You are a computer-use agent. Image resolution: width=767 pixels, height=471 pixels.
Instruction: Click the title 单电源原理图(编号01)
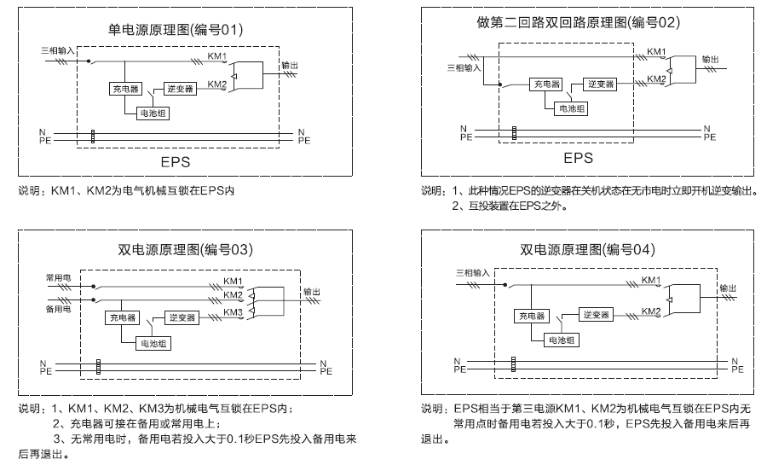point(176,30)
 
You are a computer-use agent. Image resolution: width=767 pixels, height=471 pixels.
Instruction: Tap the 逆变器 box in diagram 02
point(600,84)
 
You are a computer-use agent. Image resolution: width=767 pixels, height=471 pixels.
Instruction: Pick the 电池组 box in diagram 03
point(154,343)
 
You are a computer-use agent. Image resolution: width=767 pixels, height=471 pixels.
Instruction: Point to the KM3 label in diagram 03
point(234,312)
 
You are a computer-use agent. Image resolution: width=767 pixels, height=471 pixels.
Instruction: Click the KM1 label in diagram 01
point(217,57)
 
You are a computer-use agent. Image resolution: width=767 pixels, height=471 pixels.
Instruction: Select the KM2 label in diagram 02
point(656,79)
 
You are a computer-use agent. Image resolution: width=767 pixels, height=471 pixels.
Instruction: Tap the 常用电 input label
point(58,279)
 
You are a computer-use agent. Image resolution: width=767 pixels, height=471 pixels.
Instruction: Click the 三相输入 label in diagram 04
point(473,271)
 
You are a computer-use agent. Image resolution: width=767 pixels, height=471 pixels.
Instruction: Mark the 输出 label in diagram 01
point(290,65)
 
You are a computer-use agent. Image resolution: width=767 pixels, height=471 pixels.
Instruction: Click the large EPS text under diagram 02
point(578,158)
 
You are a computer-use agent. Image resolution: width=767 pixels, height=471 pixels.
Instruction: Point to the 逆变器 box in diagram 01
point(179,89)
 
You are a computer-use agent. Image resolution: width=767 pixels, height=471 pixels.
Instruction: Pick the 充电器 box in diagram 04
point(530,316)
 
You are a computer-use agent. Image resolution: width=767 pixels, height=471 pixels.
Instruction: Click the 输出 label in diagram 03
point(313,292)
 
